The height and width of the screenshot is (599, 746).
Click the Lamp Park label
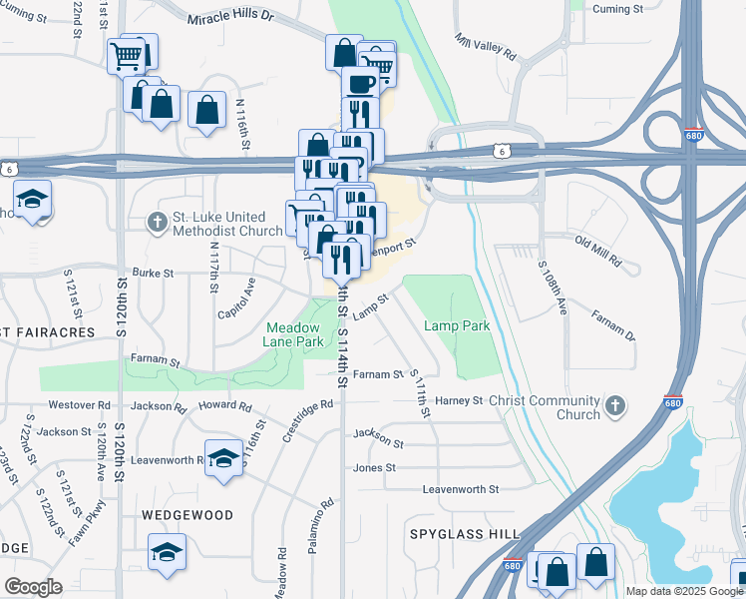pos(457,326)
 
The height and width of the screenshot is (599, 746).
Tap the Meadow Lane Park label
pos(294,334)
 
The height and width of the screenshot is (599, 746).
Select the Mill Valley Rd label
pos(486,45)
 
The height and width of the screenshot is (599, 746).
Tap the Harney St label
pos(460,400)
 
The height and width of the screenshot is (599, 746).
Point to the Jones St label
pos(375,467)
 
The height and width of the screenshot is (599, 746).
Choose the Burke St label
pos(154,272)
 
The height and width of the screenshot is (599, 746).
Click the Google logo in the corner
pos(33,587)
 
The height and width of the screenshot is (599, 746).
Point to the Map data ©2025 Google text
pos(683,591)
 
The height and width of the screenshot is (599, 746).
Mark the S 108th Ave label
pos(553,290)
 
